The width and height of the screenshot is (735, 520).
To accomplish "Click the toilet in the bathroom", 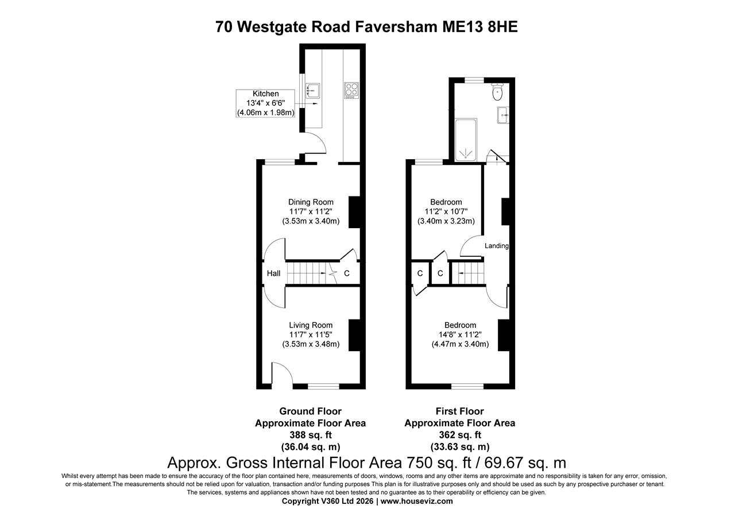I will click(x=497, y=93).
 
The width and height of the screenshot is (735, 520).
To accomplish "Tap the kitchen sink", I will click(x=313, y=90).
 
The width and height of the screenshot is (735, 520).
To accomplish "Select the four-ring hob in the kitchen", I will click(x=351, y=90).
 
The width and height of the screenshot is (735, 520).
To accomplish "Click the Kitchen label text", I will click(x=265, y=94).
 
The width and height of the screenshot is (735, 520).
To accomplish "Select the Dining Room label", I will click(x=311, y=202).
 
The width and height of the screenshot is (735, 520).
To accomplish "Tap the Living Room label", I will click(x=311, y=325).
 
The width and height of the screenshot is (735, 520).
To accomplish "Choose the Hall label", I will click(x=274, y=274).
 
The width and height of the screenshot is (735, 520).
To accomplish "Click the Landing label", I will click(x=497, y=246).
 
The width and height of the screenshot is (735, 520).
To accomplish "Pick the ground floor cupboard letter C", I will click(x=346, y=274).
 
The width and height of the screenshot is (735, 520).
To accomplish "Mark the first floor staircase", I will click(x=469, y=273).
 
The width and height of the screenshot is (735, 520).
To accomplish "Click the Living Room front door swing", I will click(x=281, y=373).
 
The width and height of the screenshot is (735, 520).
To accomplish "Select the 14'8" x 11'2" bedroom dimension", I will click(x=460, y=334).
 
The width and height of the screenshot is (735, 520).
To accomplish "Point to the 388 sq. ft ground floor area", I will click(x=310, y=435).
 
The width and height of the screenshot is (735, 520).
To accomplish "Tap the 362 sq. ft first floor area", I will click(x=459, y=435).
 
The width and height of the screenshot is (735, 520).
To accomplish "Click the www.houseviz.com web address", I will click(x=416, y=501).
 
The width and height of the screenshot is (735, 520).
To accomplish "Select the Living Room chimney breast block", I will click(x=354, y=334).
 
